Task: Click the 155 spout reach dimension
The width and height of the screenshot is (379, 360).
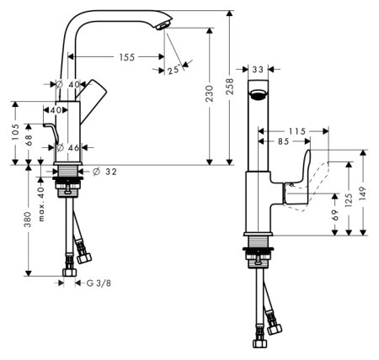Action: pyautogui.click(x=126, y=57)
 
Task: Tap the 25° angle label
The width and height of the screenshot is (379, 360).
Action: pyautogui.click(x=173, y=71)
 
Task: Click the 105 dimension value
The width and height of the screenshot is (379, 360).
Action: pyautogui.click(x=14, y=132)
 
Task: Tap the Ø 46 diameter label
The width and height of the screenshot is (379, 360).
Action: pyautogui.click(x=67, y=147)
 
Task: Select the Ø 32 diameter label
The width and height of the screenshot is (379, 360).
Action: pyautogui.click(x=104, y=172)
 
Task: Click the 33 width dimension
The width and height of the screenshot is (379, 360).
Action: pyautogui.click(x=258, y=70)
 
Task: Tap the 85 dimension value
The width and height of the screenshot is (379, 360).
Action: pyautogui.click(x=281, y=142)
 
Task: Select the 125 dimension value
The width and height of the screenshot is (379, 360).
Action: pyautogui.click(x=348, y=200)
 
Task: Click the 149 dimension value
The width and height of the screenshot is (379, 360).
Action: pyautogui.click(x=363, y=193)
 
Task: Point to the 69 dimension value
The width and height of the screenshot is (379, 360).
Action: pyautogui.click(x=334, y=218)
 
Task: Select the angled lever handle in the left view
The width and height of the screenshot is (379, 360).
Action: pyautogui.click(x=93, y=94)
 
